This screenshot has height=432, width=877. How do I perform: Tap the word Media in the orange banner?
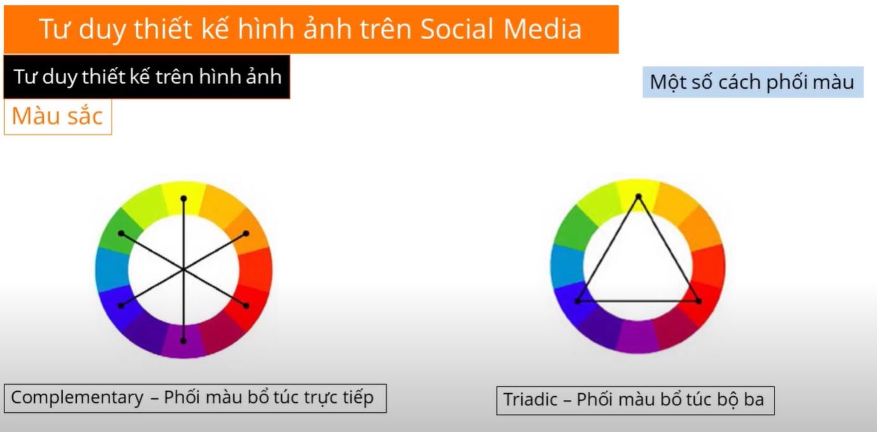[542, 29]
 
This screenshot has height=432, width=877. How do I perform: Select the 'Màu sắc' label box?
[58, 116]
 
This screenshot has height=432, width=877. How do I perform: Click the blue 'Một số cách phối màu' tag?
[753, 82]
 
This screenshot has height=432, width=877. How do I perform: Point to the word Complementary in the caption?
[77, 398]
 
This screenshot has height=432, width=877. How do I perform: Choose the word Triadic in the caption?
[530, 399]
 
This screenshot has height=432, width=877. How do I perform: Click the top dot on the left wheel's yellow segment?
[184, 198]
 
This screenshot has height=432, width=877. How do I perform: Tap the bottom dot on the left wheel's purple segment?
[183, 341]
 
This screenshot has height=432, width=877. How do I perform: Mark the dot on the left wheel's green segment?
[121, 234]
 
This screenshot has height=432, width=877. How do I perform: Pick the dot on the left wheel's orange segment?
[246, 234]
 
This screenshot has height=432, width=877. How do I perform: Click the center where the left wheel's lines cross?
[184, 269]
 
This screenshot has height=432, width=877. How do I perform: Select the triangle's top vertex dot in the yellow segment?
[638, 197]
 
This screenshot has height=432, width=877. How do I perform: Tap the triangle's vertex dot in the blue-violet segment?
[577, 301]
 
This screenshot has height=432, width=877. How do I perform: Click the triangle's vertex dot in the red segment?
[699, 301]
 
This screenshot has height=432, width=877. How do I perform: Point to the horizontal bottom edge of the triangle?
[638, 301]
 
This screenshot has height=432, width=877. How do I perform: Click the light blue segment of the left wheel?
[112, 271]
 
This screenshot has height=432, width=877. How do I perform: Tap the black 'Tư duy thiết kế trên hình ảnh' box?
[147, 77]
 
